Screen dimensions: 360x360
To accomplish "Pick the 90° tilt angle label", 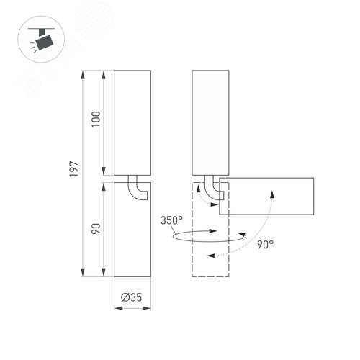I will click(265, 245).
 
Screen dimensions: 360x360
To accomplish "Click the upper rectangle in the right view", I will click(210, 122).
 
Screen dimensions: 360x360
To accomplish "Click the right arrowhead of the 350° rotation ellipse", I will click(214, 231).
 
